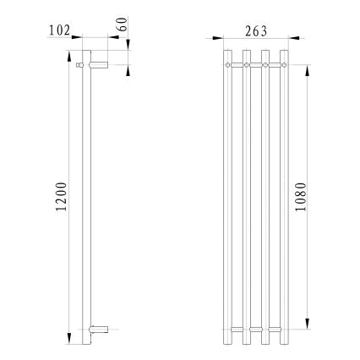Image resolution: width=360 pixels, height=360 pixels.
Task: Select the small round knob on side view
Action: pyautogui.click(x=79, y=63)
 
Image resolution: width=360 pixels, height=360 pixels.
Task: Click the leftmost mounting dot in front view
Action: pyautogui.click(x=227, y=63)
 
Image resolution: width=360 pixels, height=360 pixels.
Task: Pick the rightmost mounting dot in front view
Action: pyautogui.click(x=285, y=63)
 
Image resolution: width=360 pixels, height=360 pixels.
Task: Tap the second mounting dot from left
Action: pyautogui.click(x=247, y=63)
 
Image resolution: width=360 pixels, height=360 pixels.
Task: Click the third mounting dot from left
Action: pyautogui.click(x=266, y=63)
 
